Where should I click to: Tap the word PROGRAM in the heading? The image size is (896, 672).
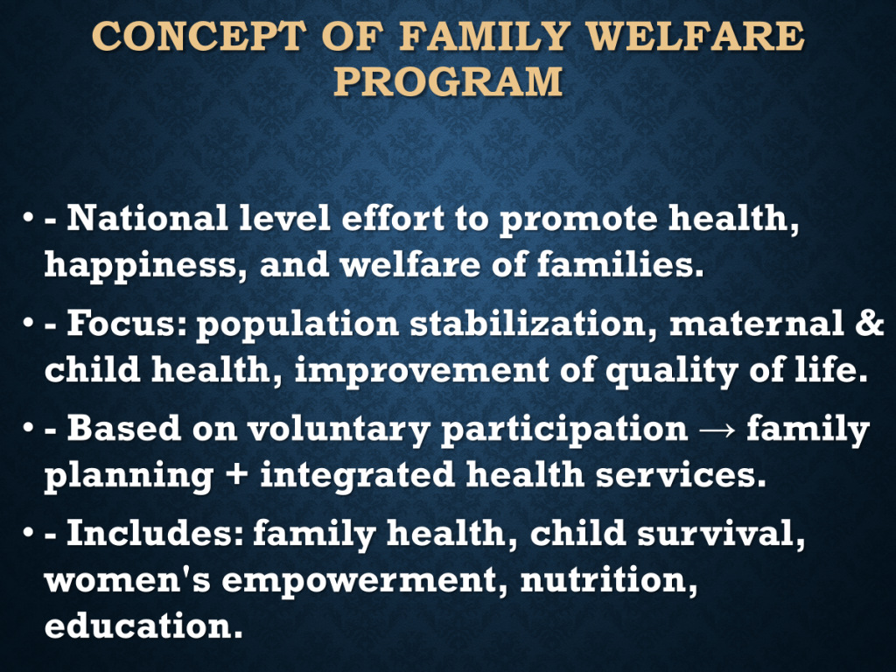(x=449, y=81)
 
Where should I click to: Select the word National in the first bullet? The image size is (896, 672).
(x=147, y=218)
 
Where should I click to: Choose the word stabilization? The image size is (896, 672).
(x=533, y=324)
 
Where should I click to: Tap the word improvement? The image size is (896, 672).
(x=422, y=371)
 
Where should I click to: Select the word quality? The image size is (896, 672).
(x=671, y=371)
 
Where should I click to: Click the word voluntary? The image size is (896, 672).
(x=339, y=429)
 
